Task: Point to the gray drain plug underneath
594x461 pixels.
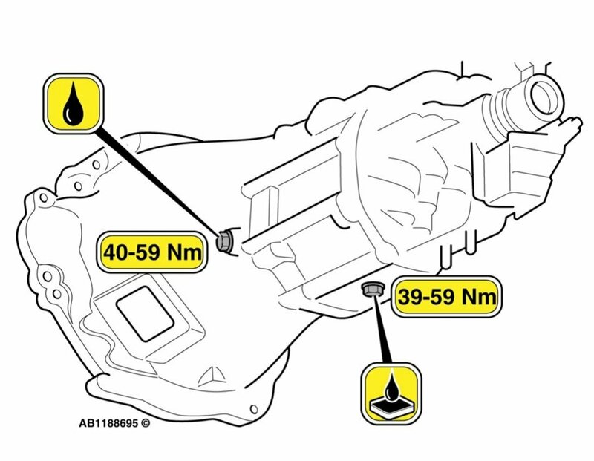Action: coord(369,290)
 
